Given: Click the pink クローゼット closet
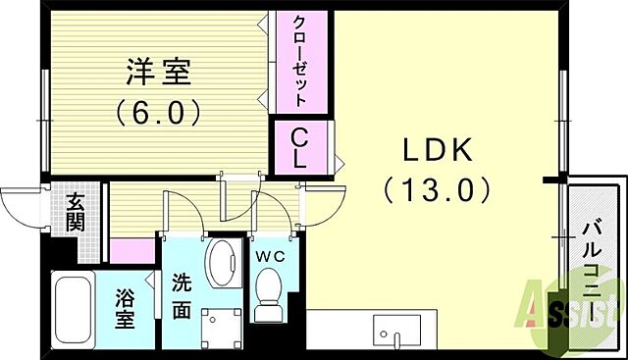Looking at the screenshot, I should (x=301, y=62).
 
